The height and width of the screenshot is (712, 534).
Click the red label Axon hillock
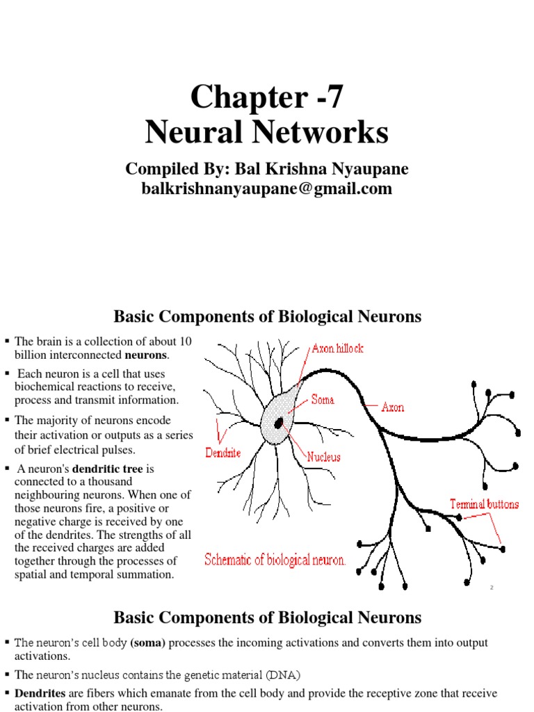[x=337, y=348]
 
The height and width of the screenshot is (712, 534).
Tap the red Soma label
[x=323, y=400]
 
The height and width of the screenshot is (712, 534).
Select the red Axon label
[x=393, y=407]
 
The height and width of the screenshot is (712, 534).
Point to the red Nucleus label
[x=324, y=458]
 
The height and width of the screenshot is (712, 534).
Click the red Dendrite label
[x=223, y=453]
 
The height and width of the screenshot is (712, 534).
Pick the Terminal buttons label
[x=484, y=504]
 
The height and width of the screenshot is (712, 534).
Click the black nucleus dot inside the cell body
[x=279, y=423]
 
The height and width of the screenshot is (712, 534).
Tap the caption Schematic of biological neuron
[x=275, y=560]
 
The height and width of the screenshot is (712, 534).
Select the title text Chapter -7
[x=267, y=97]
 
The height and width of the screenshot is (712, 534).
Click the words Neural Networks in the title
[x=267, y=132]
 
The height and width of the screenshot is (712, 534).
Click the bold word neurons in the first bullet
[x=145, y=355]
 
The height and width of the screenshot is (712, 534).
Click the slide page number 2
[x=492, y=588]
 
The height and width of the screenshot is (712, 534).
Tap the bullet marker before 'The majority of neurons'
[x=6, y=420]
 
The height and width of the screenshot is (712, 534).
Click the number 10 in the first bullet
[x=185, y=341]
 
